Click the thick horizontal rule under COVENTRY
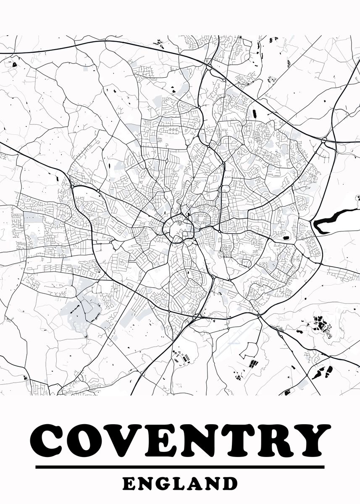180,467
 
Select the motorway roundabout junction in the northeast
325,140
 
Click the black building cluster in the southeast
321,325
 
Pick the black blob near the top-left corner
14,65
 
